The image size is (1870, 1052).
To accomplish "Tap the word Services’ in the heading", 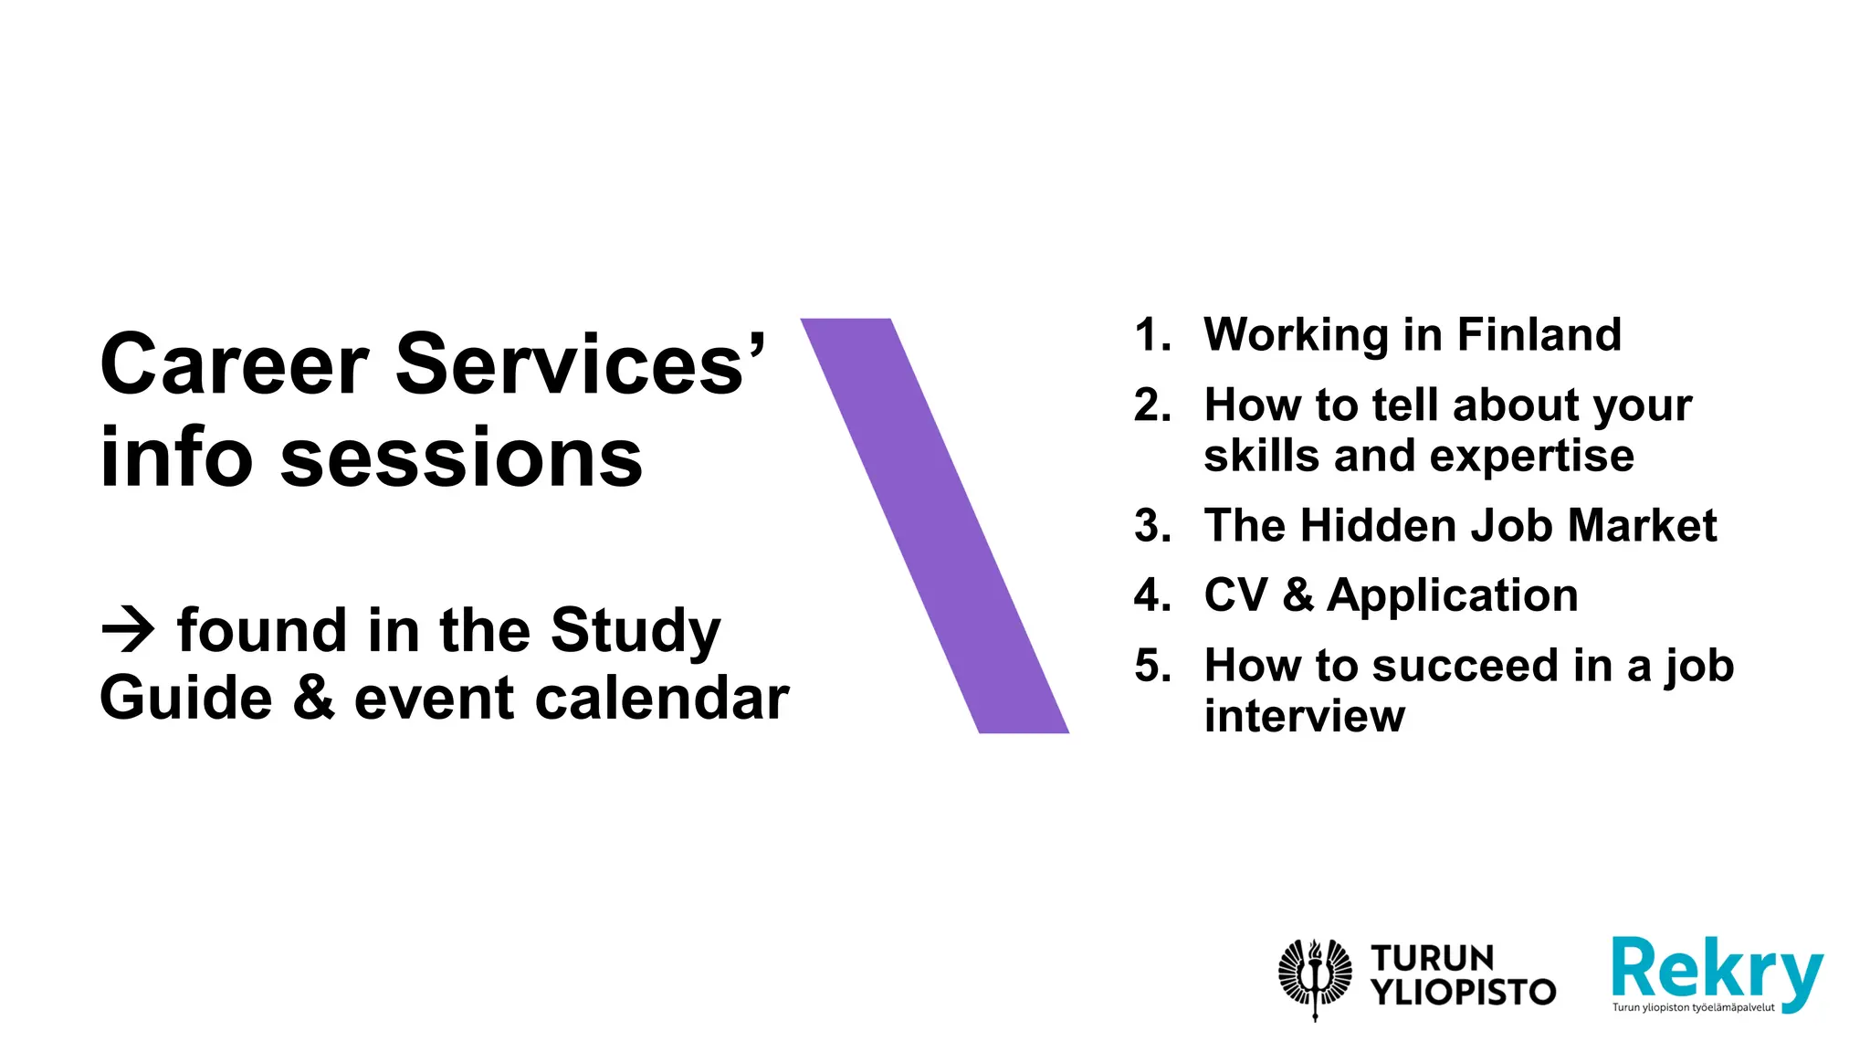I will coord(581,364).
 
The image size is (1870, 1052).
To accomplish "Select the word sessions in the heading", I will coord(462,458).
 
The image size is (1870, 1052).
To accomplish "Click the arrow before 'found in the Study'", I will coord(128,629).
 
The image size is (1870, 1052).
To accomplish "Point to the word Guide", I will coord(186,699).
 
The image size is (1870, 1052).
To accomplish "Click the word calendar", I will coord(662,699).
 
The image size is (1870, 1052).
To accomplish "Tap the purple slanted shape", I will coord(934,525).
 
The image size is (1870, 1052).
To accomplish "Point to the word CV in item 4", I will coord(1235,595).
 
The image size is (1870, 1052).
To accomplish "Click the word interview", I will coord(1304,716).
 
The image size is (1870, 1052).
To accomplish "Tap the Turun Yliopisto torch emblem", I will coord(1315,977).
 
